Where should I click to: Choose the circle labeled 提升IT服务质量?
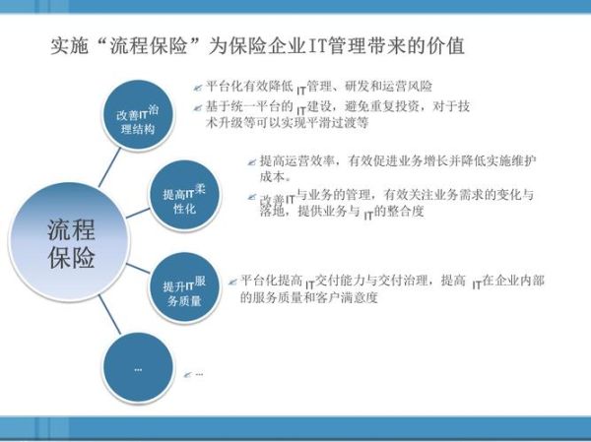pos(183,291)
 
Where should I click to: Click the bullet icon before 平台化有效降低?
pos(198,89)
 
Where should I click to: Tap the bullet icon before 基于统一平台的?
pos(198,106)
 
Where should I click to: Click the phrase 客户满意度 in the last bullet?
pos(348,297)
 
